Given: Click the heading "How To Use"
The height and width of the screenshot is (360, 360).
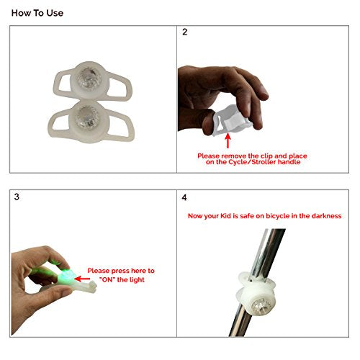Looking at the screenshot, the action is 37,13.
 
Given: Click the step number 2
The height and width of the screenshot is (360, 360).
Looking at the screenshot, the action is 184,32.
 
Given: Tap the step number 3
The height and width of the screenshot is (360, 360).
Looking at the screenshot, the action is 17,197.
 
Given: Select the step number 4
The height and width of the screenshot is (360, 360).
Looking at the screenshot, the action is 184,197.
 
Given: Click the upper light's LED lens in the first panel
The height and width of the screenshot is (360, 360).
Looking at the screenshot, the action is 89,78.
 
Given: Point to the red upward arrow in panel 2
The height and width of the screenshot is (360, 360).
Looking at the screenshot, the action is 228,140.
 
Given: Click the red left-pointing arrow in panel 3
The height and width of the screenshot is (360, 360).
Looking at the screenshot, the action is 82,279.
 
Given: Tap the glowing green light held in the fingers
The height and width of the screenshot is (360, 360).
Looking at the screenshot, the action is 65,275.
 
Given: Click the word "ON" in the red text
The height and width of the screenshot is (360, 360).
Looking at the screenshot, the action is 107,279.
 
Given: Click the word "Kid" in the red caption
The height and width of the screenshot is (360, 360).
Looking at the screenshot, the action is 225,216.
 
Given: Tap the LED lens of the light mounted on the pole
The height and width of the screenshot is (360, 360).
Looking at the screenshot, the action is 261,306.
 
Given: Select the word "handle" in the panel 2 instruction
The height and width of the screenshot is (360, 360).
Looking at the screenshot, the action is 289,162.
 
